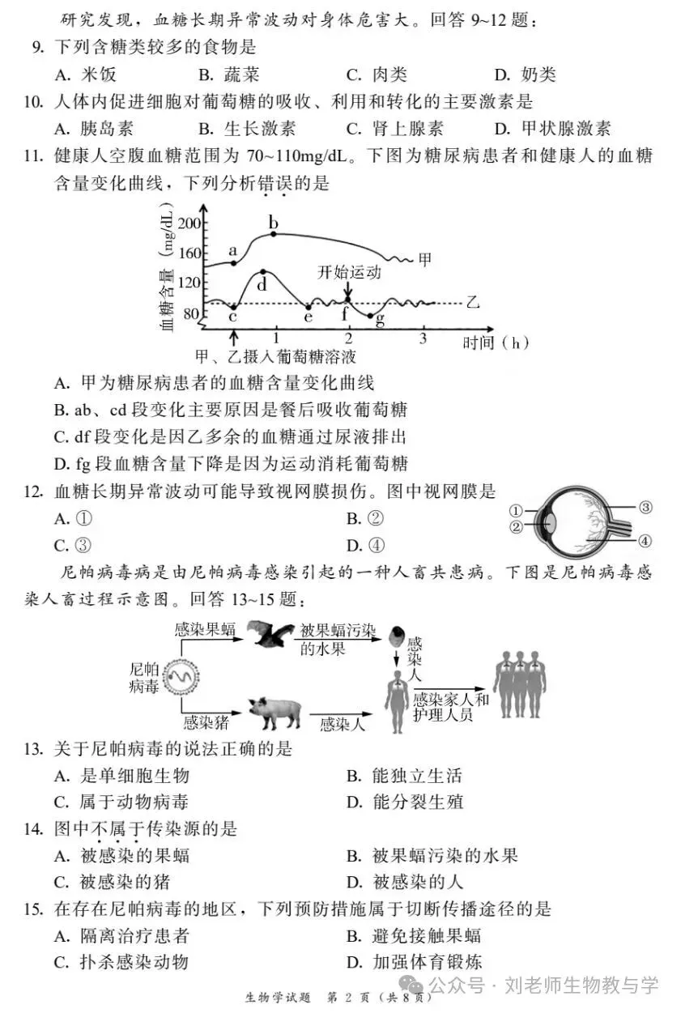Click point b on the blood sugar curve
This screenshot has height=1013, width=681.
(x=274, y=234)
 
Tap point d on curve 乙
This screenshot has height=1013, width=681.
(x=262, y=271)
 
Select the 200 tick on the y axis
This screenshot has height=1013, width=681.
(x=189, y=223)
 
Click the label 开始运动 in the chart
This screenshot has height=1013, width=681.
(x=349, y=272)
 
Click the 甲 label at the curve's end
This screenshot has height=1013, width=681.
(x=424, y=260)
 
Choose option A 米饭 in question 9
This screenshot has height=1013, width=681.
(x=86, y=75)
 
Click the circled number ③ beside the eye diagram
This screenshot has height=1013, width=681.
(x=645, y=509)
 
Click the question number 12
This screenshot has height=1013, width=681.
(x=33, y=492)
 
